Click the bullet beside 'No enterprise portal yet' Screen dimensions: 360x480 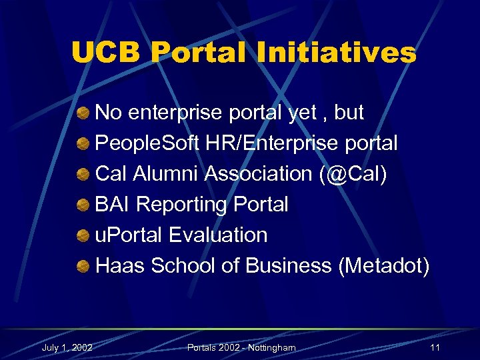[83, 113]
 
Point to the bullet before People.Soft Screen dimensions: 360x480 [83, 144]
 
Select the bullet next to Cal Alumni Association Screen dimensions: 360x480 [83, 175]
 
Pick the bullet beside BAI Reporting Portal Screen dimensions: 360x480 [83, 205]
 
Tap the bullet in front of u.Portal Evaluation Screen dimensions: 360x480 [83, 236]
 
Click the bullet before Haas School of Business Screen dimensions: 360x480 [83, 267]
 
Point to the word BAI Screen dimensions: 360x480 [115, 205]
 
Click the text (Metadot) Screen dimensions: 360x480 [384, 266]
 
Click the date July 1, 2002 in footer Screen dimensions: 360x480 [67, 347]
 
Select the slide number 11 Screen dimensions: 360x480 [435, 347]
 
